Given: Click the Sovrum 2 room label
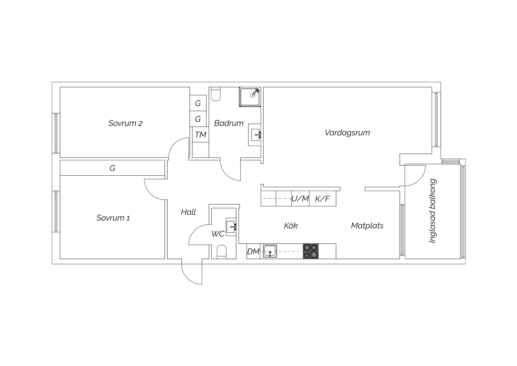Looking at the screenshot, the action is tap(125, 123).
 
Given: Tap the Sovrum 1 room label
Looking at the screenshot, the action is tap(113, 218).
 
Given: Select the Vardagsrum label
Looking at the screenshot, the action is tap(347, 133).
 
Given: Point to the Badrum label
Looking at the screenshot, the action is tap(229, 123).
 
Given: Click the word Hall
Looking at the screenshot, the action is tap(188, 212).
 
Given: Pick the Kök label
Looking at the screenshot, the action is tap(291, 225).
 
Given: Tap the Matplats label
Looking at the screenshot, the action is tap(367, 225).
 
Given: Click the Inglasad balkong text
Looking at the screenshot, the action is tap(432, 211).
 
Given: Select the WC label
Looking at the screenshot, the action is tap(218, 234).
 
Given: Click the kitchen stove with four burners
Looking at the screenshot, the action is tap(311, 251).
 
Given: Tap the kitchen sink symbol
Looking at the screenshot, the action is tap(270, 251).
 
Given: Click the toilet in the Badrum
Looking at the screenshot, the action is tap(216, 94).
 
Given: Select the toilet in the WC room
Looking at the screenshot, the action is tap(222, 252).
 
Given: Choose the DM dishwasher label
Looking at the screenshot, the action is tap(253, 252).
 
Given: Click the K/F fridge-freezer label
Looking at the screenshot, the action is tap(323, 199).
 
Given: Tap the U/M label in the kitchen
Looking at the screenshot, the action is tap(300, 199).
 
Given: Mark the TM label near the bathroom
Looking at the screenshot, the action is tap(201, 135).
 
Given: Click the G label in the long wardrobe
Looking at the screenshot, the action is tap(112, 168).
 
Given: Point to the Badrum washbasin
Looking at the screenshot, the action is tap(254, 135).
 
